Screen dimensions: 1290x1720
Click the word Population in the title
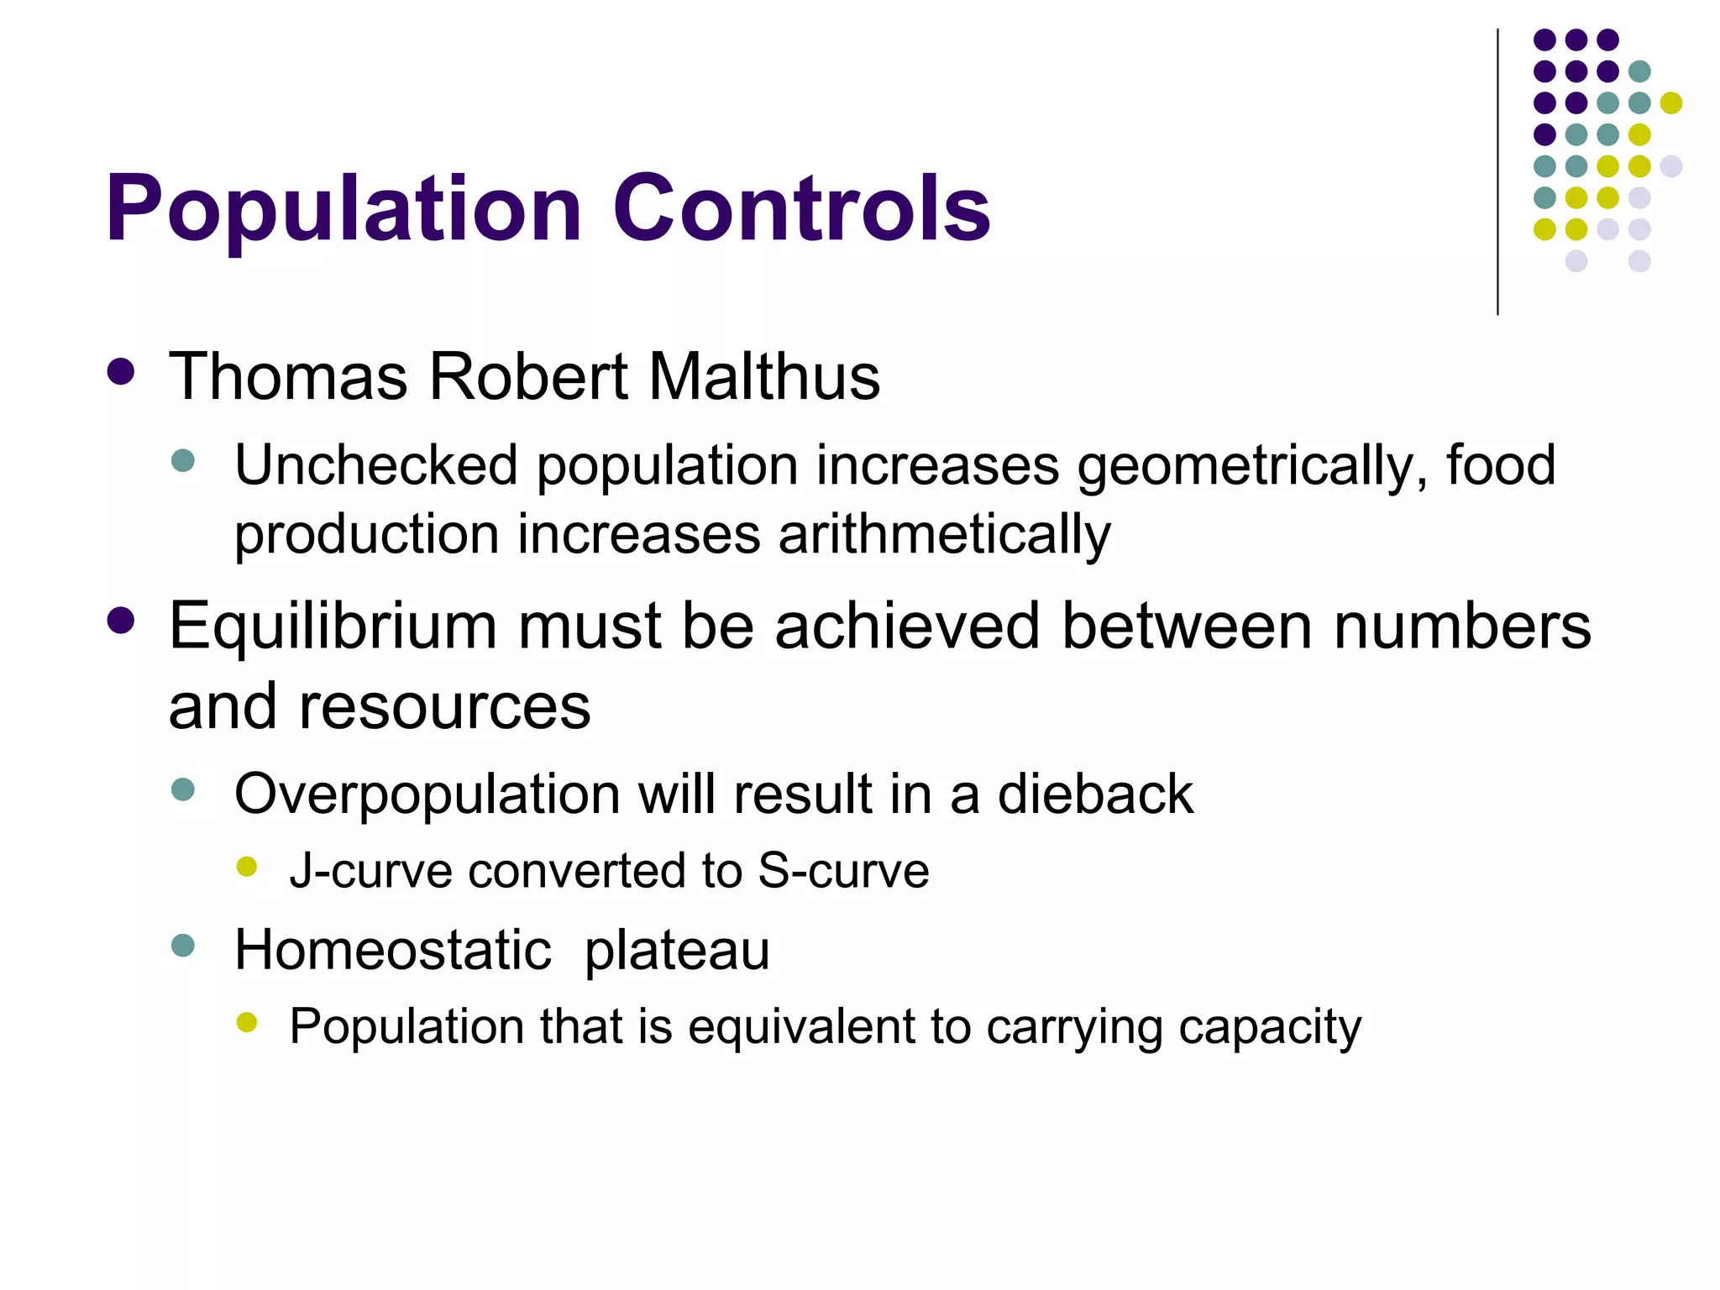tap(343, 210)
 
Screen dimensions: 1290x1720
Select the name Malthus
tap(764, 376)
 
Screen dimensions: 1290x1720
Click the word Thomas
tap(288, 376)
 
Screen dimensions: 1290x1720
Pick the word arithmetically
tap(944, 535)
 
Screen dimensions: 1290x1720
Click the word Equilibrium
tap(333, 626)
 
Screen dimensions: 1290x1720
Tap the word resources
tap(444, 706)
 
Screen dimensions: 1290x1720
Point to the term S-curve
tap(843, 870)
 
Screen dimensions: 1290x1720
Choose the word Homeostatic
tap(392, 950)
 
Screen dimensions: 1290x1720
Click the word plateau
tap(677, 952)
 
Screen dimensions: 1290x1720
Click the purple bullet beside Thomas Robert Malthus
tap(122, 373)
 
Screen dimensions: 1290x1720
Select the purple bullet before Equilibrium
tap(122, 621)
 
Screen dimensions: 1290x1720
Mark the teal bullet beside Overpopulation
tap(183, 789)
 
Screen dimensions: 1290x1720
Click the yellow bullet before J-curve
tap(247, 867)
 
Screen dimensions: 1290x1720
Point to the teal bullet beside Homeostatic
tap(183, 946)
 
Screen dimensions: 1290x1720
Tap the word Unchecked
tap(375, 466)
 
